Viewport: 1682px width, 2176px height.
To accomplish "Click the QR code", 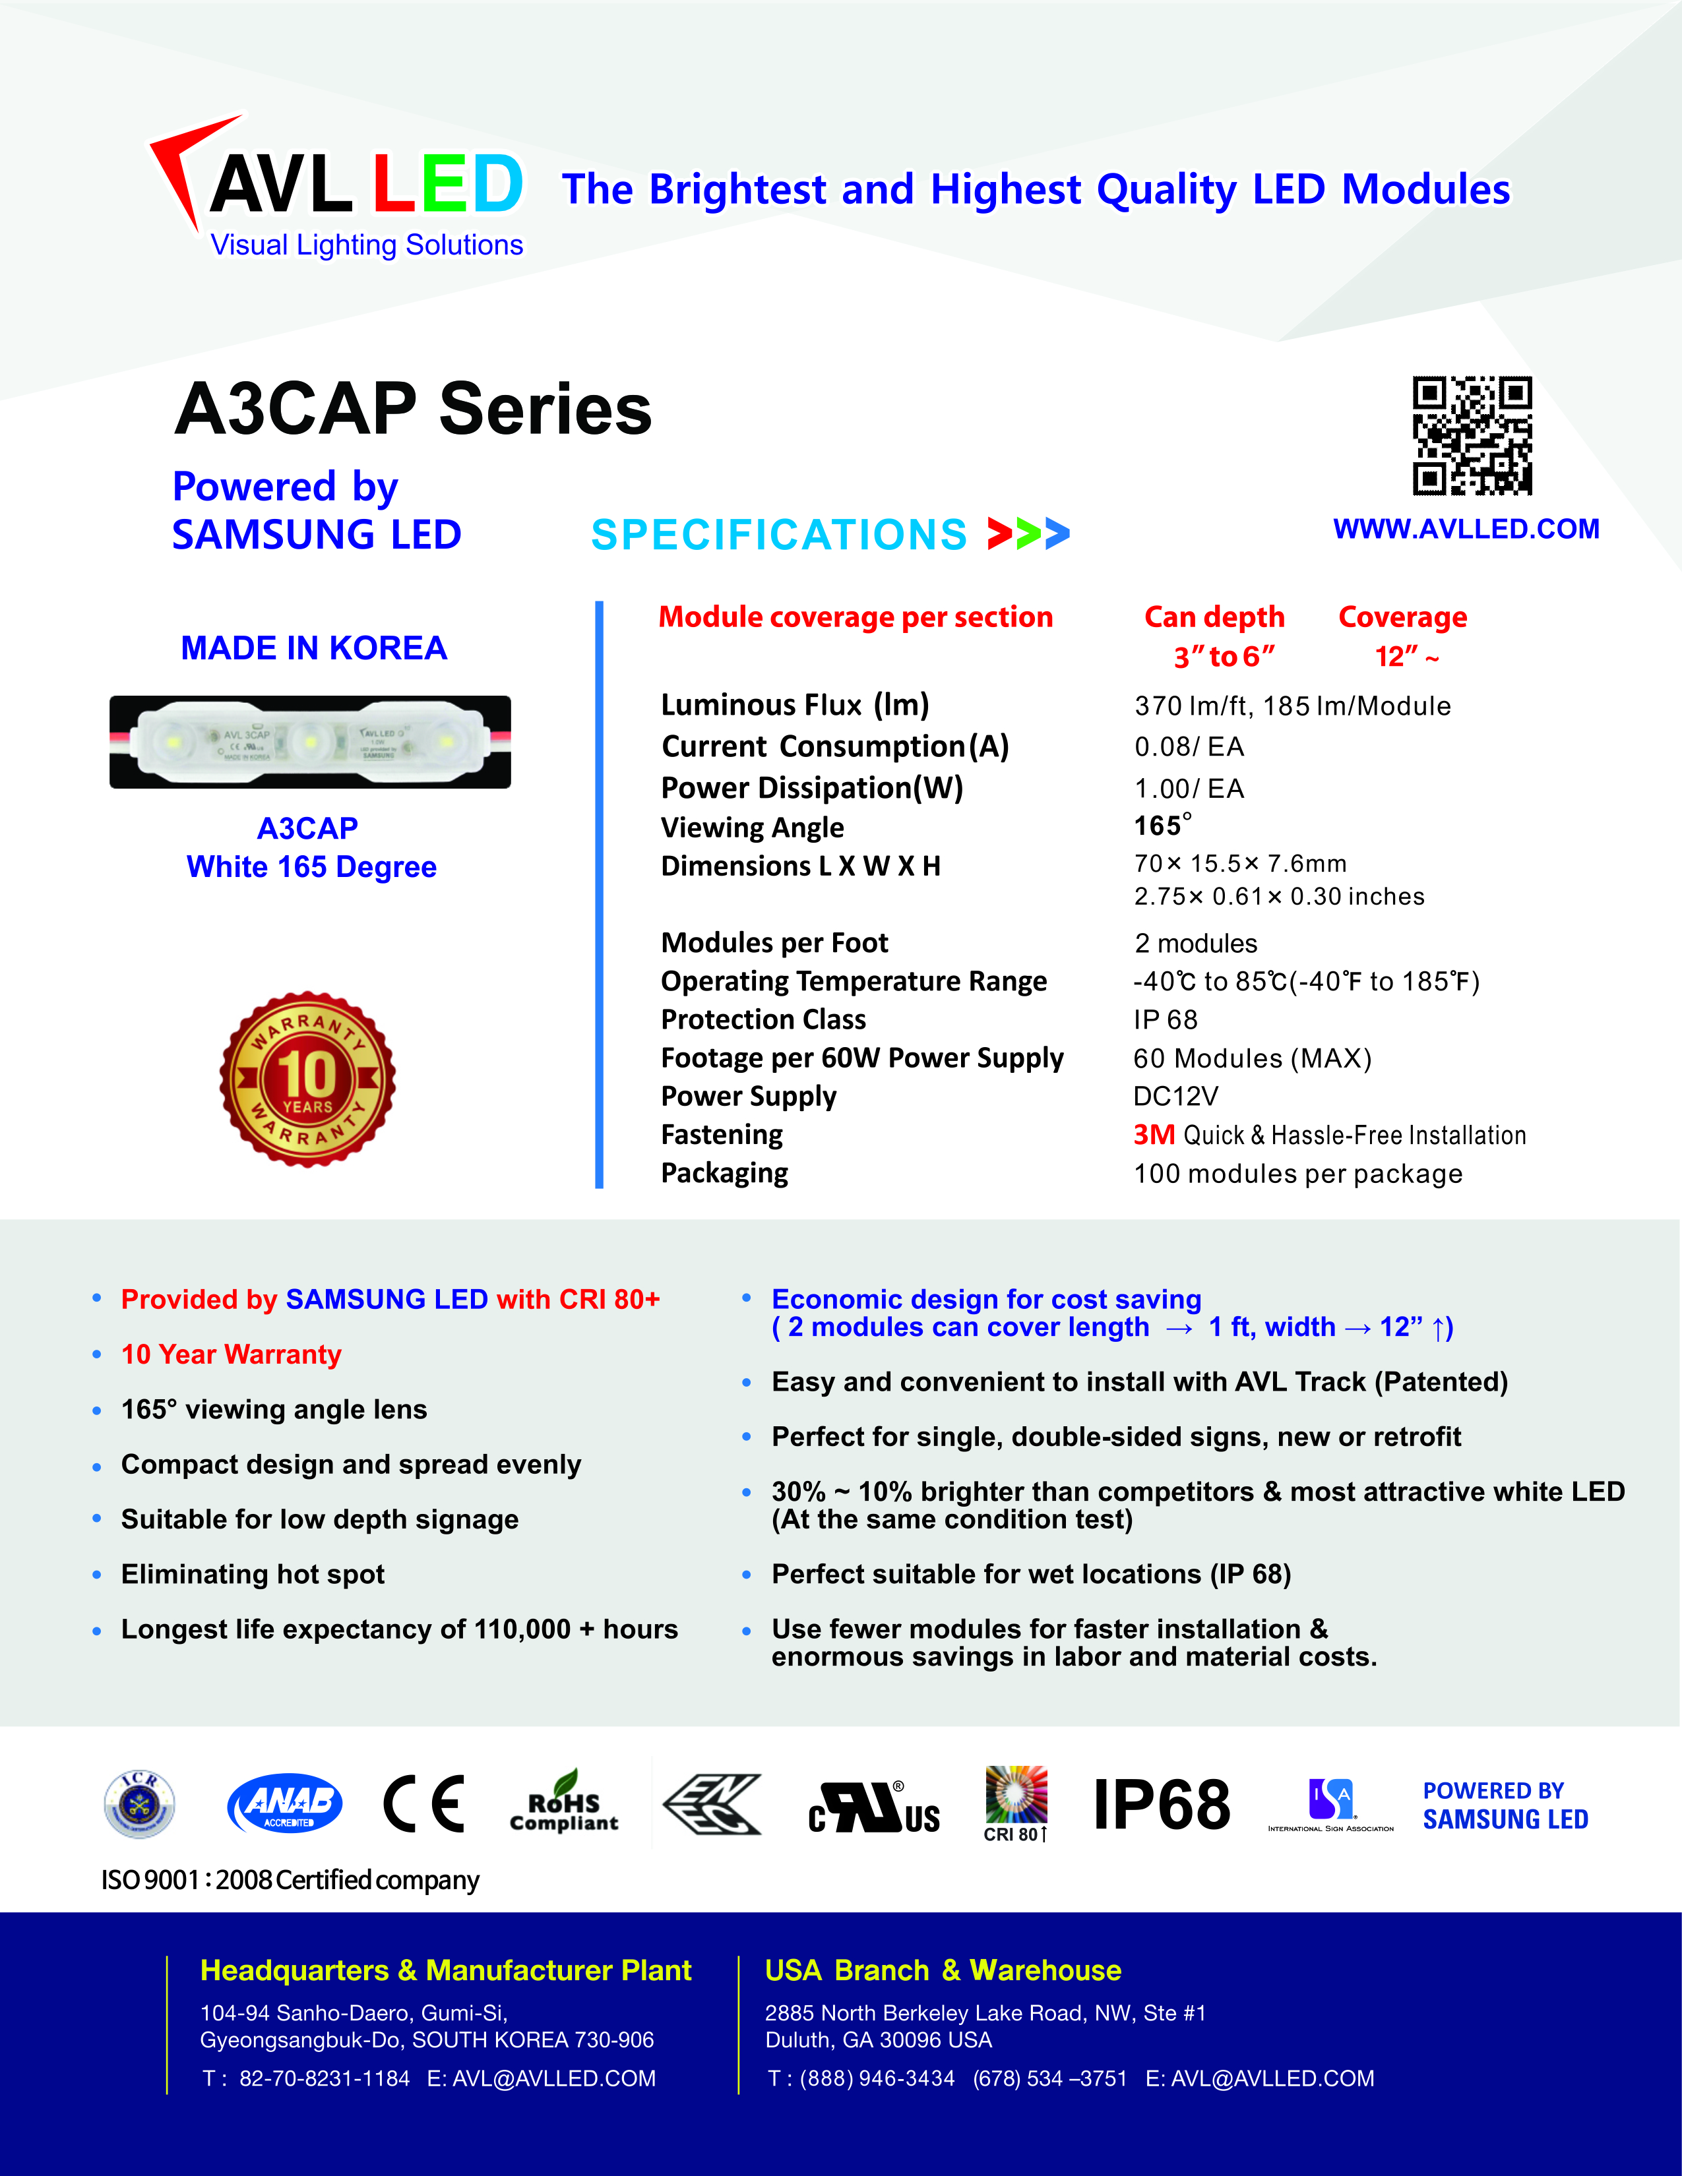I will tap(1472, 435).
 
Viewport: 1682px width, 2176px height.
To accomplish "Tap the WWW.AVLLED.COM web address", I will tap(1466, 529).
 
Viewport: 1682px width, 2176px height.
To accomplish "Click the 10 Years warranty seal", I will tap(308, 1079).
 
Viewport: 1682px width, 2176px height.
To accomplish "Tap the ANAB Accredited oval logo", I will tap(285, 1804).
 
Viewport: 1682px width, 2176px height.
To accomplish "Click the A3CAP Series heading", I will tap(412, 409).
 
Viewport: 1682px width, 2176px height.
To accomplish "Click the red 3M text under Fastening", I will tap(1154, 1135).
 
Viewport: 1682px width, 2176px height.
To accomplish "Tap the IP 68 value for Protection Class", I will tap(1165, 1020).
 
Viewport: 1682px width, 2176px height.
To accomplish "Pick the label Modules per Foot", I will tap(774, 942).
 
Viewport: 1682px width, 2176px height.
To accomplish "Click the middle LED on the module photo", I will tap(310, 741).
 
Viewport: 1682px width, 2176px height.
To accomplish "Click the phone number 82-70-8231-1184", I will tap(324, 2078).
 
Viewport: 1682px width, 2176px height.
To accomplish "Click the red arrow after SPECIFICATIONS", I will tap(999, 534).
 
